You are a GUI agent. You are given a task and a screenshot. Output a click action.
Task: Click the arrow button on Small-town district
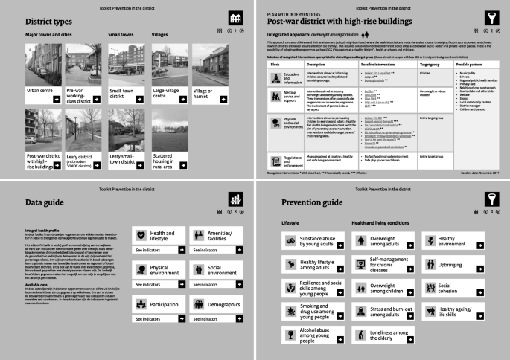(x=165, y=97)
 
